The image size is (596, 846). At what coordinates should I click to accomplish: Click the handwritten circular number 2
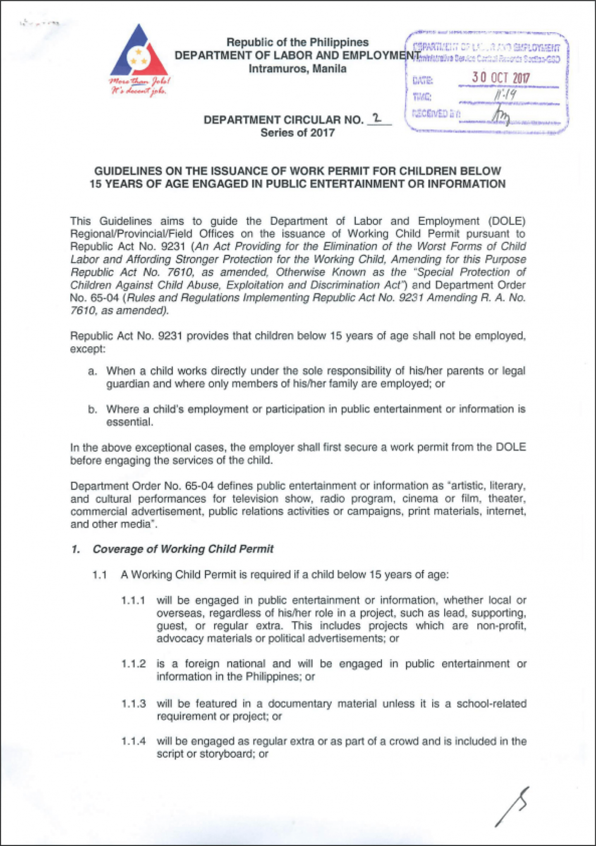[376, 118]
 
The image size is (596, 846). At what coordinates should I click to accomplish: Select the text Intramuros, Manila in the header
[297, 69]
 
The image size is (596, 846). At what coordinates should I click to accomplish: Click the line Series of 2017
[297, 133]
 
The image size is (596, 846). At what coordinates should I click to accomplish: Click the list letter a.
[92, 371]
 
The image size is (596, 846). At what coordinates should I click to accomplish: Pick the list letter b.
[92, 409]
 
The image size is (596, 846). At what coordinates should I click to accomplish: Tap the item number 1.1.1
[133, 600]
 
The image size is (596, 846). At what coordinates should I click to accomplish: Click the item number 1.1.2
[133, 664]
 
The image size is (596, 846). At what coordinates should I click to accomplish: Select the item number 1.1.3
[133, 703]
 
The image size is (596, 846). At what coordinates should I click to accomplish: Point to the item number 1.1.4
[133, 741]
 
